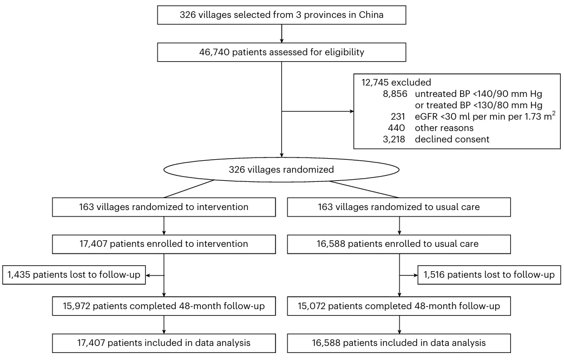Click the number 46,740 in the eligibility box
coord(214,53)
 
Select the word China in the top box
coord(371,15)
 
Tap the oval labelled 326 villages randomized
coord(281,169)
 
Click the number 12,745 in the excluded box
coord(375,82)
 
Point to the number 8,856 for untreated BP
coord(395,94)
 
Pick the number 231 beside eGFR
coord(398,116)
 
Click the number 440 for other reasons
coord(396,128)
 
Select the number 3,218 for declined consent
coord(394,140)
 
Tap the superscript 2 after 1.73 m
coord(554,113)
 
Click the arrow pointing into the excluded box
coord(318,112)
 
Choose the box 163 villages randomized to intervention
coord(163,207)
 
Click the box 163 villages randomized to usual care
coord(399,207)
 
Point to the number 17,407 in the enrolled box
coord(93,244)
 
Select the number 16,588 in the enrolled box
coord(331,244)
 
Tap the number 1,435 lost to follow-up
coord(19,275)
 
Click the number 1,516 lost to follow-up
coord(434,275)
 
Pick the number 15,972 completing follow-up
coord(77,306)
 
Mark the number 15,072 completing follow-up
coord(311,306)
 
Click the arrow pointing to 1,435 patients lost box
coord(155,276)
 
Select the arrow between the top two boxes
coord(281,34)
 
